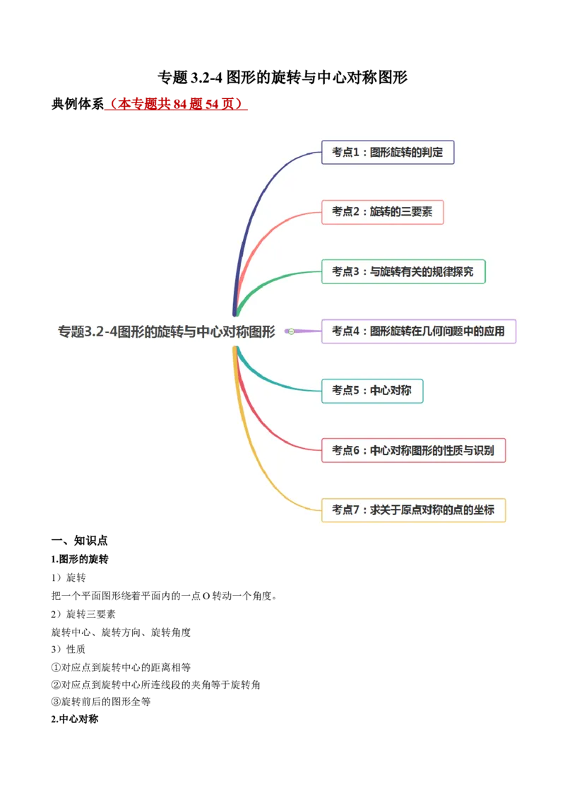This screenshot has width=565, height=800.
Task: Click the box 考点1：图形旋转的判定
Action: coord(388,152)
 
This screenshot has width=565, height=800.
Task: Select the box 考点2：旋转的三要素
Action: coord(382,212)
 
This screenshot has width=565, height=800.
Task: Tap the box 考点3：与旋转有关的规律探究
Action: coord(403,271)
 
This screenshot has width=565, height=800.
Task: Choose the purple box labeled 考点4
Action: coord(419,331)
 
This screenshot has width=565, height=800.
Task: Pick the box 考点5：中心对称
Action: coord(372,391)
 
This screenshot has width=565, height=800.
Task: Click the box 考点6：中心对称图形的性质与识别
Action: coord(413,450)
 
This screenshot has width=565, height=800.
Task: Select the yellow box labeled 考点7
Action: coord(413,510)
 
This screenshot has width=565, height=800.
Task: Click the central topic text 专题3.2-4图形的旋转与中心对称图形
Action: coord(167,331)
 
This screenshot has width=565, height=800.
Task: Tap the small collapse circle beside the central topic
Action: coord(291,331)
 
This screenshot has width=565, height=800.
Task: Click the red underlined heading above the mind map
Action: coord(175,105)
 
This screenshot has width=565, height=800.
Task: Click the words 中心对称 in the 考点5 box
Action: coord(391,391)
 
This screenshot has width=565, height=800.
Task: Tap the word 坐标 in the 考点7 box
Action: coord(484,510)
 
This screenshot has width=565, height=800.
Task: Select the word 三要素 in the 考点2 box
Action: coord(417,212)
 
